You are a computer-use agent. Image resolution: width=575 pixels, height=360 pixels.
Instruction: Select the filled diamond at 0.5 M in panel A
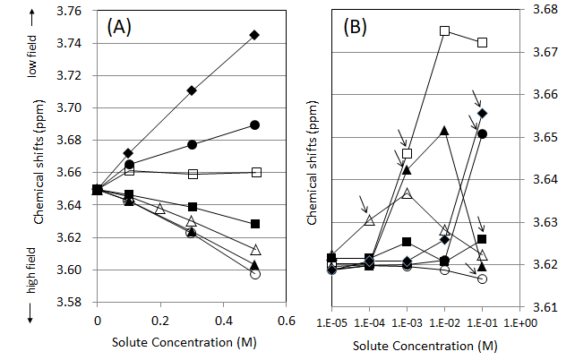254,35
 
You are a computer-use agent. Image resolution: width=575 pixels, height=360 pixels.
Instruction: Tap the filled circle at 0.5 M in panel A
254,124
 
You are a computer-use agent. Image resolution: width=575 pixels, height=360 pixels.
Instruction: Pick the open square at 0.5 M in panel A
254,172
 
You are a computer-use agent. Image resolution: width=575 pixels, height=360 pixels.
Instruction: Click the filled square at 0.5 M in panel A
254,223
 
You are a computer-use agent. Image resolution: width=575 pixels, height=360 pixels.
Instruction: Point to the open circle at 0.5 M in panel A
254,274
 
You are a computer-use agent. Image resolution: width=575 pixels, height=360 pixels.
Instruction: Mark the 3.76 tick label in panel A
73,11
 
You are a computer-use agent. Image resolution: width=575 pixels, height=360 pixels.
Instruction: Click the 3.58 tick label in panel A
73,303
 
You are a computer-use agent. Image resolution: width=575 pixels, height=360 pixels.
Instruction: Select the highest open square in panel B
444,30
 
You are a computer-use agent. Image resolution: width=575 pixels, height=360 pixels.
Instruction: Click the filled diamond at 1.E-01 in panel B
482,114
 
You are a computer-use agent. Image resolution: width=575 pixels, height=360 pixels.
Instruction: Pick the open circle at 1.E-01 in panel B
482,279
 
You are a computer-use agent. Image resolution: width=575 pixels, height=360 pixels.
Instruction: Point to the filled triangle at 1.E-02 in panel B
444,131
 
